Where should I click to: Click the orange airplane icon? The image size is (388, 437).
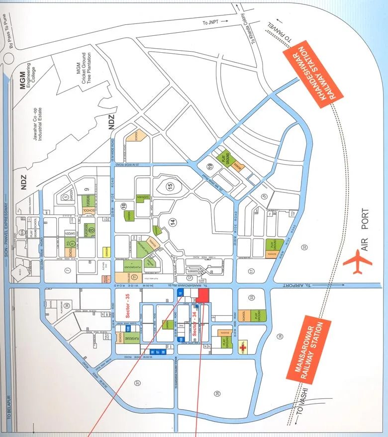357,262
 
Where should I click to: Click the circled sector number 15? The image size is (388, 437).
170,186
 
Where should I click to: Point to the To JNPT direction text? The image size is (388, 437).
211,22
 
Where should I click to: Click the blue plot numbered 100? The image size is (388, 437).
128,329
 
